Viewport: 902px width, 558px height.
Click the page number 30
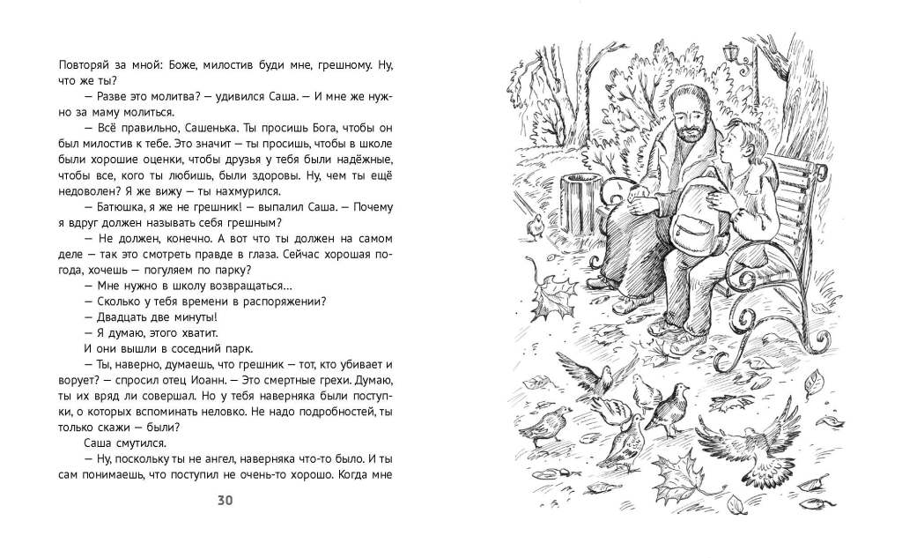[224, 502]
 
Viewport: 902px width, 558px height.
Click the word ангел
[237, 457]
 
